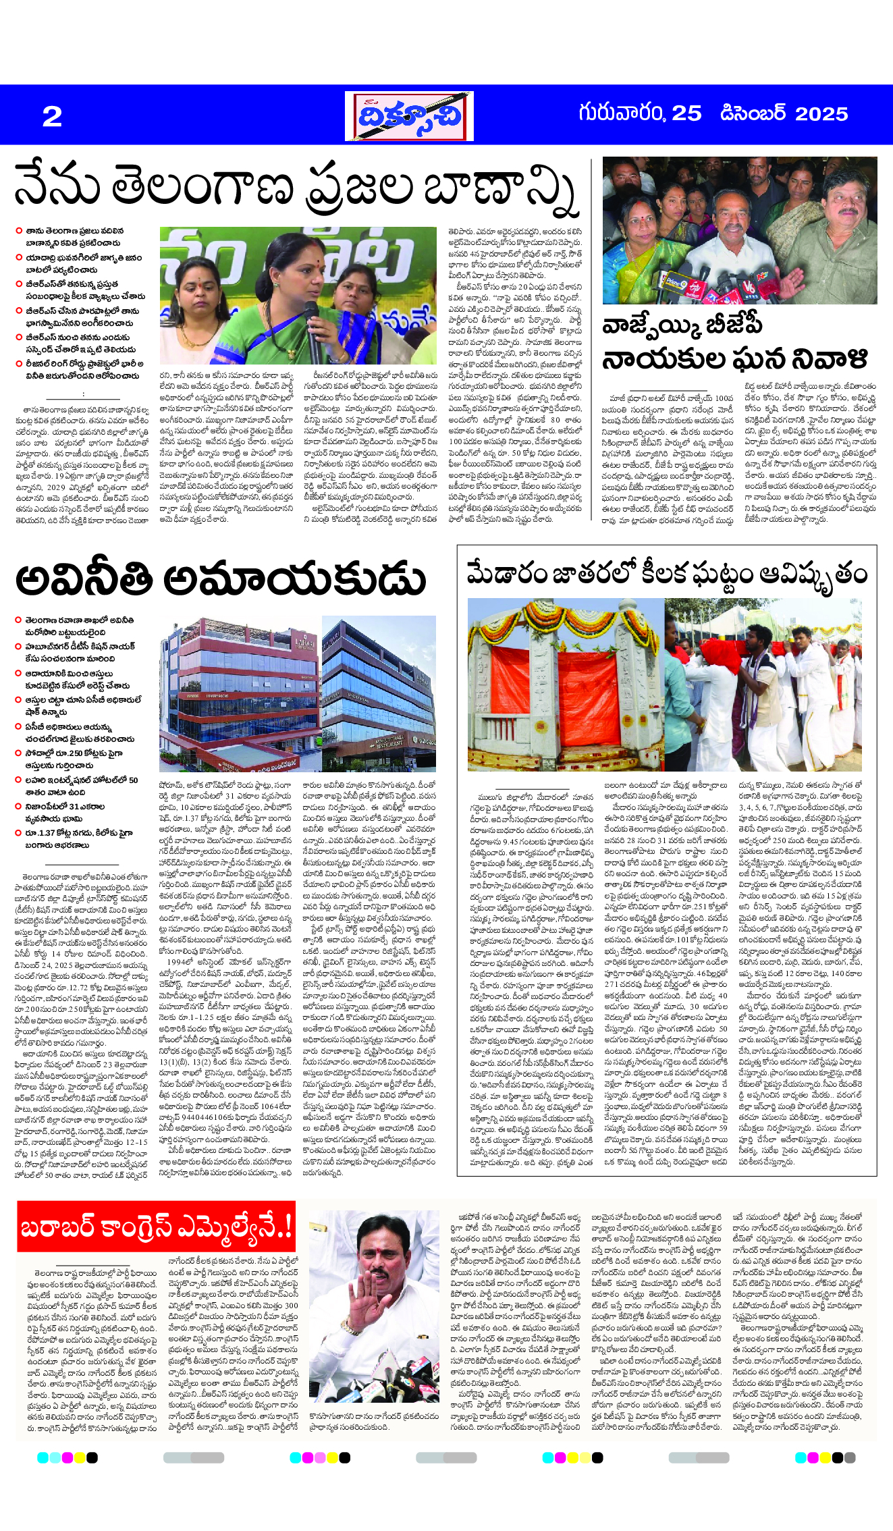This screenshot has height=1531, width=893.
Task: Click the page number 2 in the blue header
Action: pyautogui.click(x=52, y=116)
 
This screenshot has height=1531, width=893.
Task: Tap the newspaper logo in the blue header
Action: pyautogui.click(x=409, y=116)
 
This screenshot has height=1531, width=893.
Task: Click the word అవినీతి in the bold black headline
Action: pyautogui.click(x=84, y=580)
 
